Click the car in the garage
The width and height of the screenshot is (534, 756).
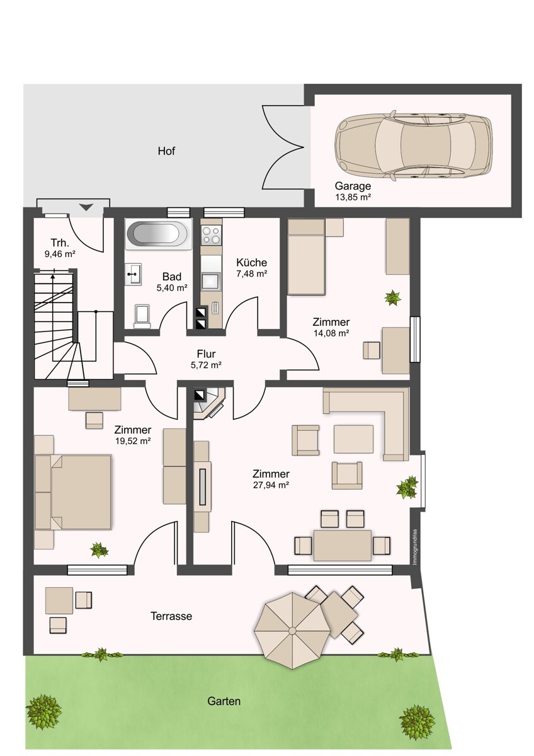pyautogui.click(x=413, y=146)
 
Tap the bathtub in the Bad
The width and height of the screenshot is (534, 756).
pyautogui.click(x=159, y=234)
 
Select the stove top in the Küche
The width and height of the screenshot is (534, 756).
pyautogui.click(x=211, y=235)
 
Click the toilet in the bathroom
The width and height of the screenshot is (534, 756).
pyautogui.click(x=142, y=316)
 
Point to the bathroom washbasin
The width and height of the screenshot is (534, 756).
pyautogui.click(x=133, y=275)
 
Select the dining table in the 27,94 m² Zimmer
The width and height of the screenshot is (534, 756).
pyautogui.click(x=343, y=546)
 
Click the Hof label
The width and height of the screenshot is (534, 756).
pyautogui.click(x=166, y=151)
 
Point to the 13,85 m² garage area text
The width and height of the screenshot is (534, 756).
pyautogui.click(x=353, y=197)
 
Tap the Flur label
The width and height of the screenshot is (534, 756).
pyautogui.click(x=206, y=353)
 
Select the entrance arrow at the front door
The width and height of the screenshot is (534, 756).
pyautogui.click(x=86, y=207)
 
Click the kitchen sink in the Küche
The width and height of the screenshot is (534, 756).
pyautogui.click(x=211, y=281)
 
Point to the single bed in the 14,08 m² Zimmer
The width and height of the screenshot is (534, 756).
pyautogui.click(x=306, y=256)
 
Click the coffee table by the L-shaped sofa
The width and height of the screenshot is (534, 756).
pyautogui.click(x=353, y=438)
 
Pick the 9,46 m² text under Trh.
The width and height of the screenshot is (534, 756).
pyautogui.click(x=60, y=254)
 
